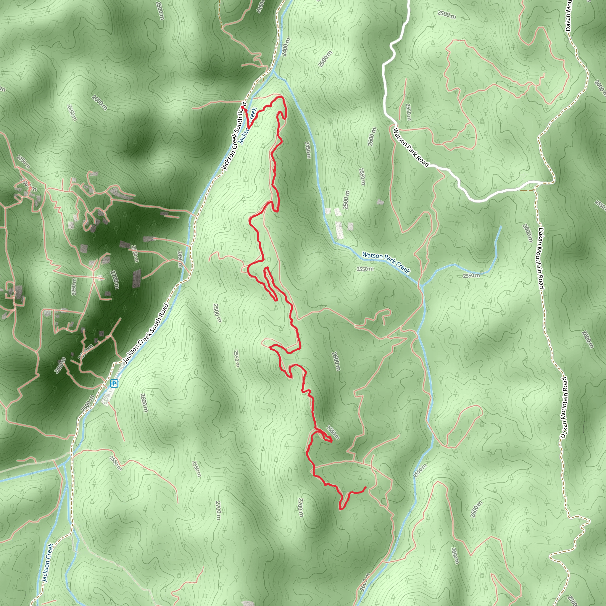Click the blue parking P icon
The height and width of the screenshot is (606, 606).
pos(114,383)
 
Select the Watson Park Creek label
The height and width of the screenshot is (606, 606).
pos(386,262)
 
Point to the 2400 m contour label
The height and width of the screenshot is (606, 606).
pos(286,47)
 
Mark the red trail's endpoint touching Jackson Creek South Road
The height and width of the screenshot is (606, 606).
pos(242,108)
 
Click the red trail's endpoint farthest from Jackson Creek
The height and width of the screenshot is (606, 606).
pos(366,487)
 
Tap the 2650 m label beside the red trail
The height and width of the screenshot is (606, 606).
pos(333,433)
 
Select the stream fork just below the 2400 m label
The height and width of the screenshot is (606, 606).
pos(273,72)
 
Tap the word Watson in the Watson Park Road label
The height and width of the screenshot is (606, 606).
pos(399,136)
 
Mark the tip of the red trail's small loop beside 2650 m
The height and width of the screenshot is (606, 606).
pos(331,441)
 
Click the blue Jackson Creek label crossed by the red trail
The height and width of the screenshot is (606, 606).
pos(248,125)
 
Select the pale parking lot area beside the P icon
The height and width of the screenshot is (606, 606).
pos(107,398)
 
